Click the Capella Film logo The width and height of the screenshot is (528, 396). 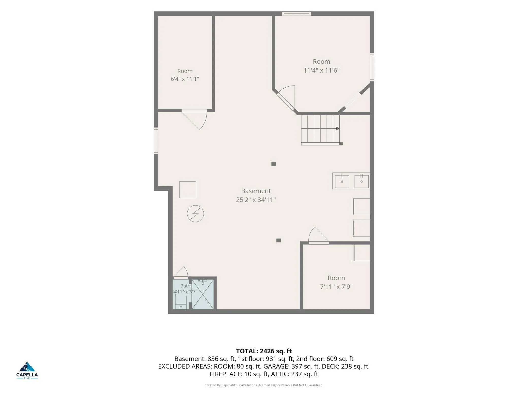pyautogui.click(x=27, y=370)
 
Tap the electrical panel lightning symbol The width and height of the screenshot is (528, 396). pyautogui.click(x=195, y=213)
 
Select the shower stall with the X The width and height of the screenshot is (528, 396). pyautogui.click(x=203, y=294)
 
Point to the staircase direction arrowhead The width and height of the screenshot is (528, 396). pyautogui.click(x=338, y=129)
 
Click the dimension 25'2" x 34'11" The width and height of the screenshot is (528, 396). pyautogui.click(x=256, y=200)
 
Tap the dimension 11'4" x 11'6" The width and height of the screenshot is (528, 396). pyautogui.click(x=321, y=70)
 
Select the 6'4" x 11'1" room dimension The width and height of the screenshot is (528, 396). pyautogui.click(x=185, y=79)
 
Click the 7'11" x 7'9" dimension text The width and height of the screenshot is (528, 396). pyautogui.click(x=336, y=287)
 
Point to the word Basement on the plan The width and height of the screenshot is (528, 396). pyautogui.click(x=256, y=191)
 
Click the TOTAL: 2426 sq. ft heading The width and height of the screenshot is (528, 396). pyautogui.click(x=264, y=351)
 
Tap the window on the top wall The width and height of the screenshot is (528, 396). pyautogui.click(x=296, y=14)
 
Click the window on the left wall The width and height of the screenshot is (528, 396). pyautogui.click(x=156, y=141)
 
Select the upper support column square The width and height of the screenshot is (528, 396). pyautogui.click(x=274, y=164)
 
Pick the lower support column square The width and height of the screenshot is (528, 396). pyautogui.click(x=278, y=240)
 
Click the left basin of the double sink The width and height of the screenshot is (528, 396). pyautogui.click(x=342, y=181)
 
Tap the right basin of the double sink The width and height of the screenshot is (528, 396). pyautogui.click(x=361, y=181)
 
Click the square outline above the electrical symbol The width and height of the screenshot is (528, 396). pyautogui.click(x=188, y=190)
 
